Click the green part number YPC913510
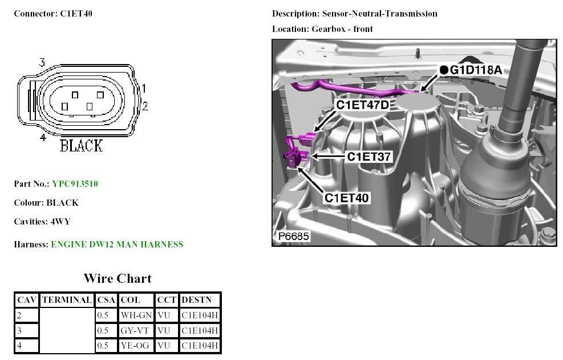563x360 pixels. coord(75,184)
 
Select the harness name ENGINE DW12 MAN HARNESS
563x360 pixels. coord(117,245)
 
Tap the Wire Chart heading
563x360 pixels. coord(118,278)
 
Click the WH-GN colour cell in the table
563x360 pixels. coord(136,315)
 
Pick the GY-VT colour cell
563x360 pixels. coord(135,330)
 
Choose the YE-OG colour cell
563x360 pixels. coord(135,346)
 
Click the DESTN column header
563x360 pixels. coord(196,300)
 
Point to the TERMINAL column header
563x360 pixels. coord(67,300)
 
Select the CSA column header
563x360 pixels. coord(106,300)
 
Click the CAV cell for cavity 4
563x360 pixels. coord(19,346)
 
